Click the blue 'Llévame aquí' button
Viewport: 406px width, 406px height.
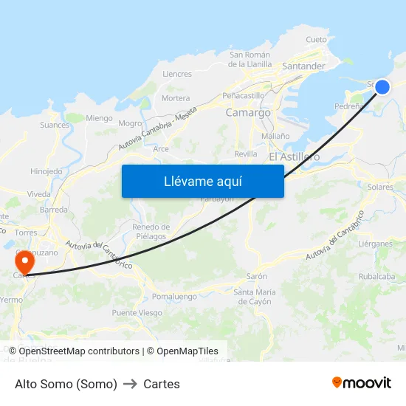coord(202,181)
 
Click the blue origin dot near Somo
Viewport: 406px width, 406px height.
coord(382,87)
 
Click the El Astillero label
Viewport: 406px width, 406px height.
coord(294,156)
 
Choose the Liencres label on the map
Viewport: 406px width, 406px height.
coord(177,74)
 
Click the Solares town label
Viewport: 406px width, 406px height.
coord(380,187)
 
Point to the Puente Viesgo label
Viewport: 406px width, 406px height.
coord(137,313)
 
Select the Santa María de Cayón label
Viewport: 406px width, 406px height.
coord(255,297)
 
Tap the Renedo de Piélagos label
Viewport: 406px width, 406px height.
coord(151,231)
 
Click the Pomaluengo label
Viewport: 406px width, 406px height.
coord(174,296)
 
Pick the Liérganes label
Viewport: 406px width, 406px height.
coord(375,244)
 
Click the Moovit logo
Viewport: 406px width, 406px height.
coord(362,383)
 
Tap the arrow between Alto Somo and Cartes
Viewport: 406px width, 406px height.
coord(131,384)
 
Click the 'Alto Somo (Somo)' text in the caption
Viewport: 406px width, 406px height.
coord(66,384)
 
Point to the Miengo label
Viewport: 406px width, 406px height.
coord(99,118)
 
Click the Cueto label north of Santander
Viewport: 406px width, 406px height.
coord(316,40)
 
